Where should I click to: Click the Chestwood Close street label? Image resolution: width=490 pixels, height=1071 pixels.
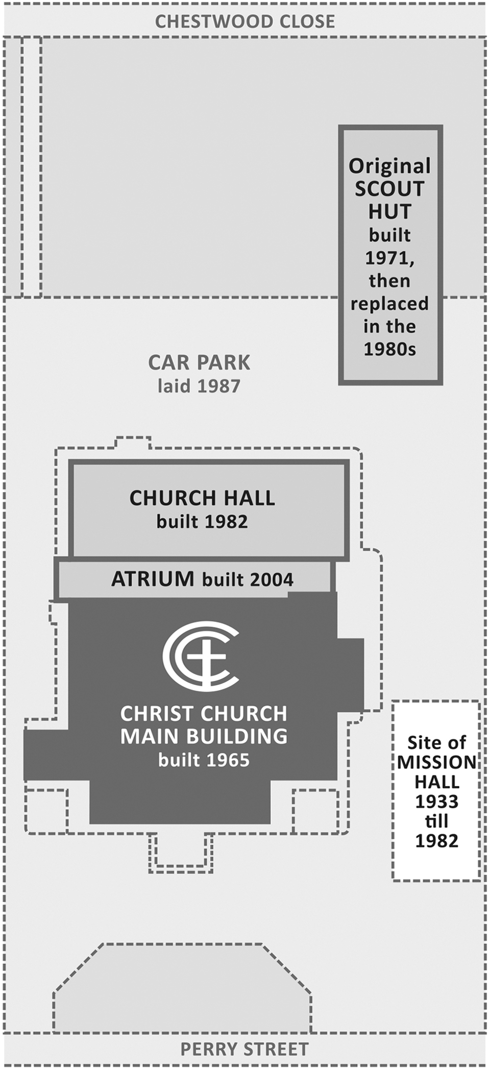245,21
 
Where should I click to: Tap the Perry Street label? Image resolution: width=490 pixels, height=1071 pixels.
244,1049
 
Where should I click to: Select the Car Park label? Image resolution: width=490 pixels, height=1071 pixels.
199,363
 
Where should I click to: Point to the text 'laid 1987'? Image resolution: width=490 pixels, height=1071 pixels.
199,386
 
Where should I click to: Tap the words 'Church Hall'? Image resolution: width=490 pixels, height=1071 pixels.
202,498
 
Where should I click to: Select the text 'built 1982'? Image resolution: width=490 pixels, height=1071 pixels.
202,522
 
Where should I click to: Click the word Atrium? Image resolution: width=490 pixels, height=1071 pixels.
153,579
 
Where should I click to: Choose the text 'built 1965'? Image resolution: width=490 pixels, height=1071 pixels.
204,761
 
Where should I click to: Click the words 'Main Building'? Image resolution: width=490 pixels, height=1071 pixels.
204,737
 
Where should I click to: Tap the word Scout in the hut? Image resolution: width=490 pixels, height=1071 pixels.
389,189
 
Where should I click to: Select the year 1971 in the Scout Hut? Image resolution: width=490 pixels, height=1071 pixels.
389,258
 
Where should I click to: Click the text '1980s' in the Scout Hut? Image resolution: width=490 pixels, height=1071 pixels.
389,350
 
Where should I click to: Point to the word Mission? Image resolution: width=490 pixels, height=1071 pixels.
436,762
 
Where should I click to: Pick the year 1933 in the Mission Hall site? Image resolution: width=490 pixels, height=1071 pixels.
436,802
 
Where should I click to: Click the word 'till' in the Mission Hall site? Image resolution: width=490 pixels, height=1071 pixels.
436,821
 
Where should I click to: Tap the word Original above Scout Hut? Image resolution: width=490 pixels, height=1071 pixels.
389,166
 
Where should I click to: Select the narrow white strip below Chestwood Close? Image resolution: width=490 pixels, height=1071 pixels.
32,167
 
